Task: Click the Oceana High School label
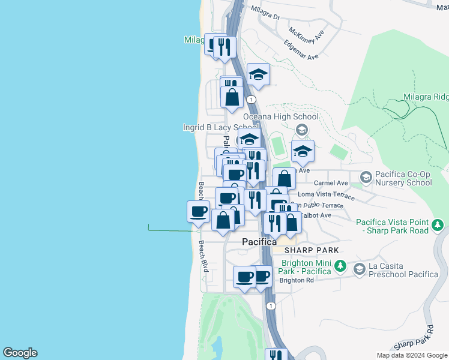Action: tap(281, 116)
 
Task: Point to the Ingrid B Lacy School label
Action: tap(221, 127)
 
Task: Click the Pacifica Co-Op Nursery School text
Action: tap(403, 178)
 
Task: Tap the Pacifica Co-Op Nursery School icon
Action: tap(365, 177)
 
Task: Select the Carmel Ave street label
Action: tap(331, 183)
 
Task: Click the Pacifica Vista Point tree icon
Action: tap(439, 225)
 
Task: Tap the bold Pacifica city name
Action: tap(259, 242)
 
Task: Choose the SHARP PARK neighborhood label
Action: tap(312, 250)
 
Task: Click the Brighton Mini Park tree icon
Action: tap(340, 265)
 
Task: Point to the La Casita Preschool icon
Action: tap(359, 269)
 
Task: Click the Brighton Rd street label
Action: tap(297, 280)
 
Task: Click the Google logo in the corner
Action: tap(20, 353)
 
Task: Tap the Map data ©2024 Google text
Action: tap(411, 355)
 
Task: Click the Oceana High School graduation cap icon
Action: tap(302, 129)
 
